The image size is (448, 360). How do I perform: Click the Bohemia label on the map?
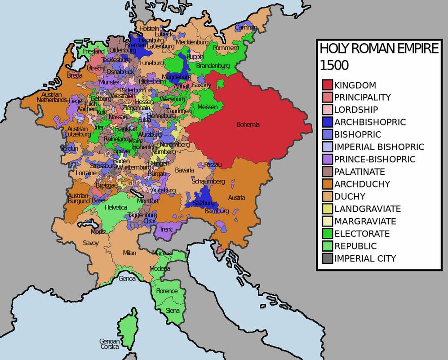point(248,124)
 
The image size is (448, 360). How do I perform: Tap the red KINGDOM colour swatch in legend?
point(327,85)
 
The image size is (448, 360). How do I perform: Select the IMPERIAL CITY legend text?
point(365,258)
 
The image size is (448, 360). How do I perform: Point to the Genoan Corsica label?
point(110,344)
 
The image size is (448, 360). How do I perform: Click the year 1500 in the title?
point(334,65)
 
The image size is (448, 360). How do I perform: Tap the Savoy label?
point(90,243)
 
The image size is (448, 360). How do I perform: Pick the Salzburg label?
point(204,203)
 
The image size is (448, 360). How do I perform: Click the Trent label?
point(165,229)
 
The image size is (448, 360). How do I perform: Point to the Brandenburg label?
point(213,66)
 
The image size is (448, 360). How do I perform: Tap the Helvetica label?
point(116,207)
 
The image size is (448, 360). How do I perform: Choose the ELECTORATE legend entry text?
point(362,234)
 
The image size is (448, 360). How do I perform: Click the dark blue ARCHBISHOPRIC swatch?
point(327,122)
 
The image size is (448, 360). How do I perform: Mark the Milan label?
point(129,253)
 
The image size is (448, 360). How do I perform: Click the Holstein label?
point(149,28)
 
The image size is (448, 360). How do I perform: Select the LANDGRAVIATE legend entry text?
point(367,209)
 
